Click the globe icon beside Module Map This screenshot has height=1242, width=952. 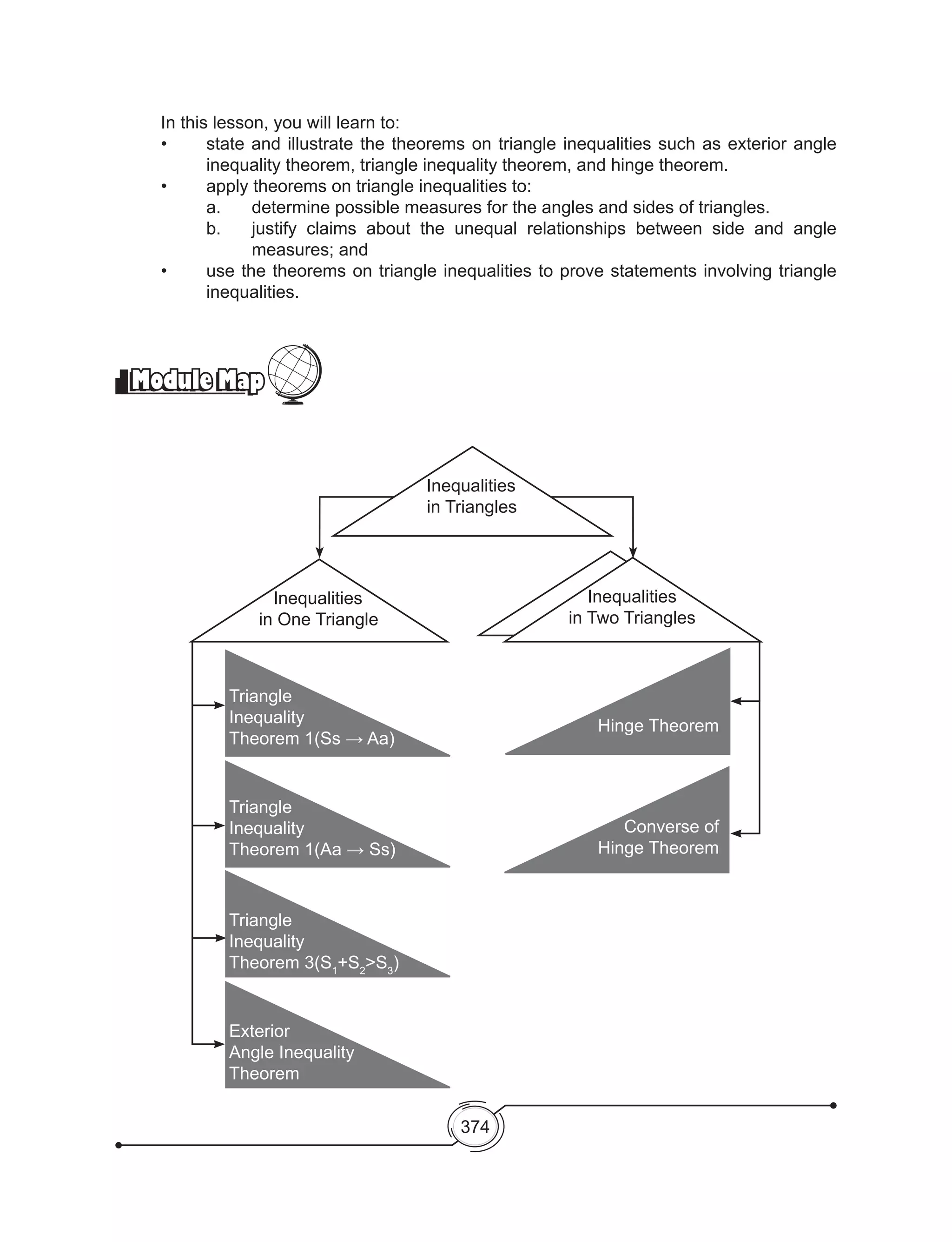tap(294, 373)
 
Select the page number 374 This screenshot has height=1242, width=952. tap(475, 1126)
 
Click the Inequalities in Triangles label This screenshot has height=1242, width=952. tap(471, 496)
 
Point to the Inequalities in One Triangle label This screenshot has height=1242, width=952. tap(318, 609)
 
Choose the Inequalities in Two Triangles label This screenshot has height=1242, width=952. tap(632, 607)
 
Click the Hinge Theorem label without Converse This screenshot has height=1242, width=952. tap(658, 725)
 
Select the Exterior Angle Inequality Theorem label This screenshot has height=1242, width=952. tap(291, 1052)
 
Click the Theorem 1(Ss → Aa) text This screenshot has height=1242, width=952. tap(311, 738)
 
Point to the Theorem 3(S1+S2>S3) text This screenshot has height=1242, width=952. tap(314, 962)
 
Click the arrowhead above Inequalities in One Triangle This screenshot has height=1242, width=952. tap(320, 552)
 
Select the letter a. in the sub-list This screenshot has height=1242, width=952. tap(213, 208)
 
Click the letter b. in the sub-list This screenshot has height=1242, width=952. tap(213, 228)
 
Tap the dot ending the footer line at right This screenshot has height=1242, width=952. tap(833, 1105)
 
